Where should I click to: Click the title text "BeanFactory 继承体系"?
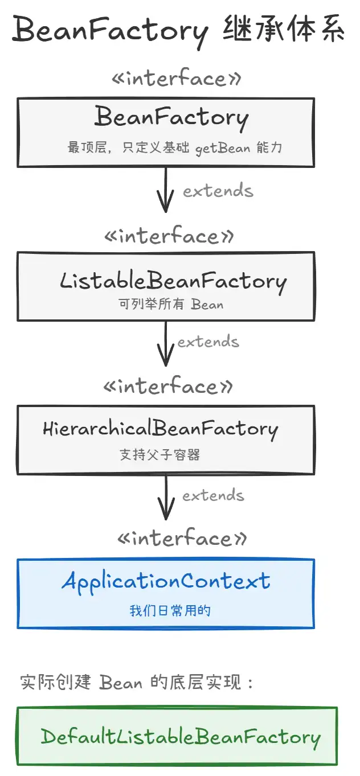click(x=178, y=31)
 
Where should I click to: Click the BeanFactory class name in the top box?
click(x=171, y=118)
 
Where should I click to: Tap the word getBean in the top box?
click(x=223, y=149)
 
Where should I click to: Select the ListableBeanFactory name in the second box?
click(x=173, y=282)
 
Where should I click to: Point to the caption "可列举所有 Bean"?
click(x=171, y=304)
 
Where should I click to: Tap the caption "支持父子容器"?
click(x=159, y=454)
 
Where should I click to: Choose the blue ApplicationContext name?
click(x=166, y=582)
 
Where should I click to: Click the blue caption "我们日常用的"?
click(x=170, y=610)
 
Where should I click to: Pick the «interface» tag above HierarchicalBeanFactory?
click(x=168, y=385)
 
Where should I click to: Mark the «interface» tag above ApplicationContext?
click(x=182, y=537)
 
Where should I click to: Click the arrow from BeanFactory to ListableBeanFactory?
click(x=166, y=190)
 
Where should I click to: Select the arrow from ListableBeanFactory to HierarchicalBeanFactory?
click(x=166, y=343)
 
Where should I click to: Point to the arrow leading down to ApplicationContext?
click(x=166, y=497)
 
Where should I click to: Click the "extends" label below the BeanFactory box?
click(x=218, y=191)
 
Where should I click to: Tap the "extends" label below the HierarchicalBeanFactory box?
click(x=214, y=495)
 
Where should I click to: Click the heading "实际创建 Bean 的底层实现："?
click(x=137, y=682)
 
